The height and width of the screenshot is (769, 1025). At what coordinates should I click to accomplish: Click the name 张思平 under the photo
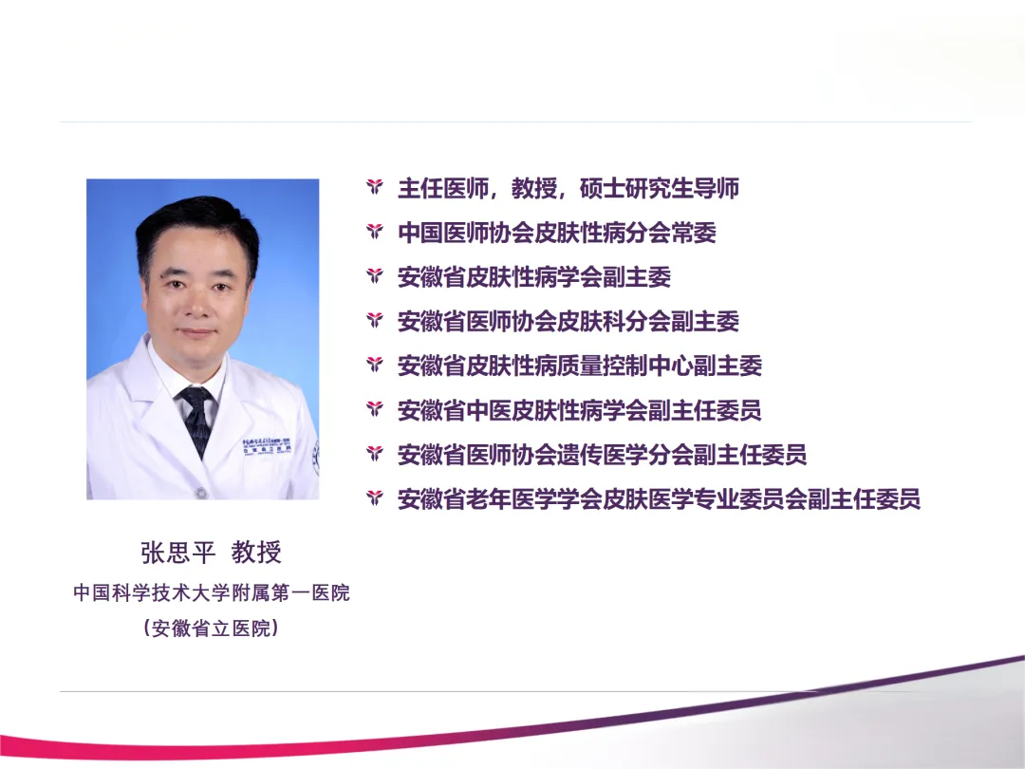tap(177, 553)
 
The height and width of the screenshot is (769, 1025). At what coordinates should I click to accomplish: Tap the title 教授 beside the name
tap(256, 553)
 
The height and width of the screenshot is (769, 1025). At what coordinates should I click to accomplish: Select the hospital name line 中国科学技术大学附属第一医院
tap(212, 592)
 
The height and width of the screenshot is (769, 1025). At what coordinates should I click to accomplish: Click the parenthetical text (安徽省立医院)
tap(212, 628)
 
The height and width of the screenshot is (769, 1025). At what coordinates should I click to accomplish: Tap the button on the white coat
tap(203, 492)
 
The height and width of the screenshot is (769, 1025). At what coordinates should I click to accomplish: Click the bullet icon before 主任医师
tap(375, 188)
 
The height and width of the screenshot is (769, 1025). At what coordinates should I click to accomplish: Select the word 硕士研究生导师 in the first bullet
tap(659, 188)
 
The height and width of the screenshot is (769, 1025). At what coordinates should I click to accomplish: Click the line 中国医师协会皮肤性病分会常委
tap(557, 233)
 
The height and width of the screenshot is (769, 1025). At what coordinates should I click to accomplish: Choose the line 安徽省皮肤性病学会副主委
tap(534, 277)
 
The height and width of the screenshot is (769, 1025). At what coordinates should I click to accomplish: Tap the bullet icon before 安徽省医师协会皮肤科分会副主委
tap(375, 321)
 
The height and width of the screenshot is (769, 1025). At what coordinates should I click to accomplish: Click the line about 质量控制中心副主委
tap(580, 366)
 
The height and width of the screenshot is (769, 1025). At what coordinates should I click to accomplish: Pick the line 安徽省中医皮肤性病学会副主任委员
tap(580, 411)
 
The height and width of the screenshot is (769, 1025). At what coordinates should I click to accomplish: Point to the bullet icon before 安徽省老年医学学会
tap(375, 498)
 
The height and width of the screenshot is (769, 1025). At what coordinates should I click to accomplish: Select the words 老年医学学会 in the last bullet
tap(534, 499)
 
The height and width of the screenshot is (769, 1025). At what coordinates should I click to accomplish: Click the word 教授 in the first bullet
tap(534, 188)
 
